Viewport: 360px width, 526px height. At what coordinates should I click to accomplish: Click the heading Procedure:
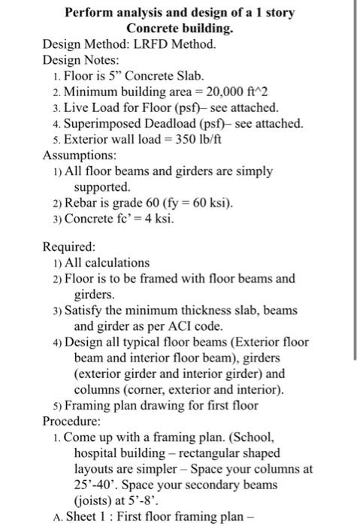[73, 420]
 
